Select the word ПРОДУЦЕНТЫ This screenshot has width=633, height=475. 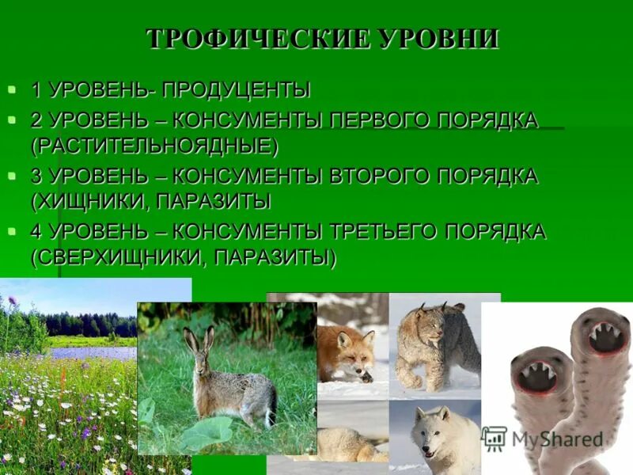coord(237,89)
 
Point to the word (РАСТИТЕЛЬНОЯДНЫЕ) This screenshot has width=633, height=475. coord(155,146)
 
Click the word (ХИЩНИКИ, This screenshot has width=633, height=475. coord(89,202)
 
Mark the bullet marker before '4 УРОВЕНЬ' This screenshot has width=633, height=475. coord(12,231)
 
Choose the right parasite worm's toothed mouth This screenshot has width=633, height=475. coord(605,336)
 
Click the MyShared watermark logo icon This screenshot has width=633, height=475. coord(495,439)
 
